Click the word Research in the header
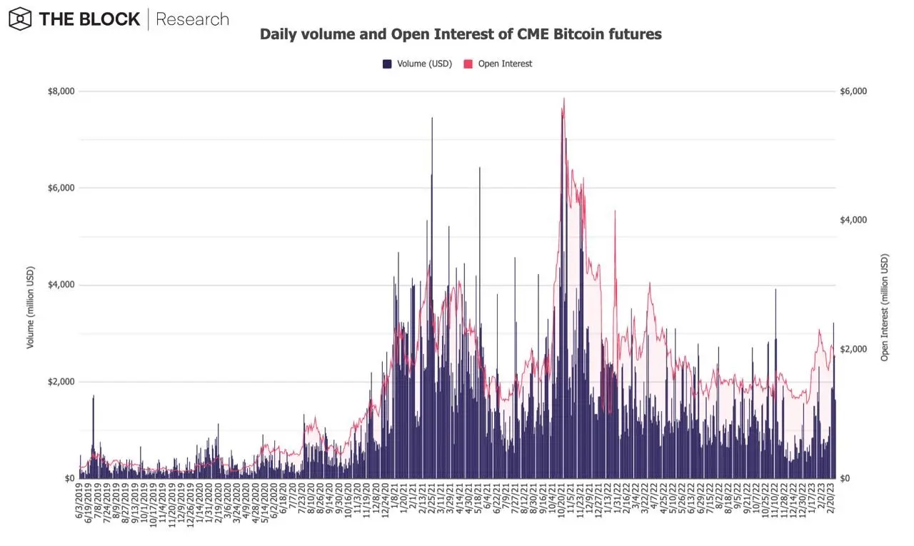tap(192, 19)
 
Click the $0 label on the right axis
tap(847, 478)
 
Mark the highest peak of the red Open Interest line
tap(564, 98)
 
